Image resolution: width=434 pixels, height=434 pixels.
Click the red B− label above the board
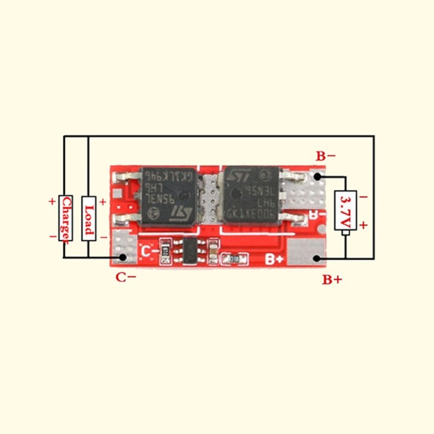326,156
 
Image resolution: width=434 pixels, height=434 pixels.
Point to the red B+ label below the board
332,279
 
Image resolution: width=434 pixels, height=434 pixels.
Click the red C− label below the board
126,277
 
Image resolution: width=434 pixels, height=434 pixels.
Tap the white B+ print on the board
275,260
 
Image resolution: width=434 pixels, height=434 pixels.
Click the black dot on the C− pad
123,257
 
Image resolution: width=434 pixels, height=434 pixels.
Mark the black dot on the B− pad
318,177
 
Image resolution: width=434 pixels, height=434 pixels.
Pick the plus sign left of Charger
52,201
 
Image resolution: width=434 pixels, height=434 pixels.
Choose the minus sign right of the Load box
102,237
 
